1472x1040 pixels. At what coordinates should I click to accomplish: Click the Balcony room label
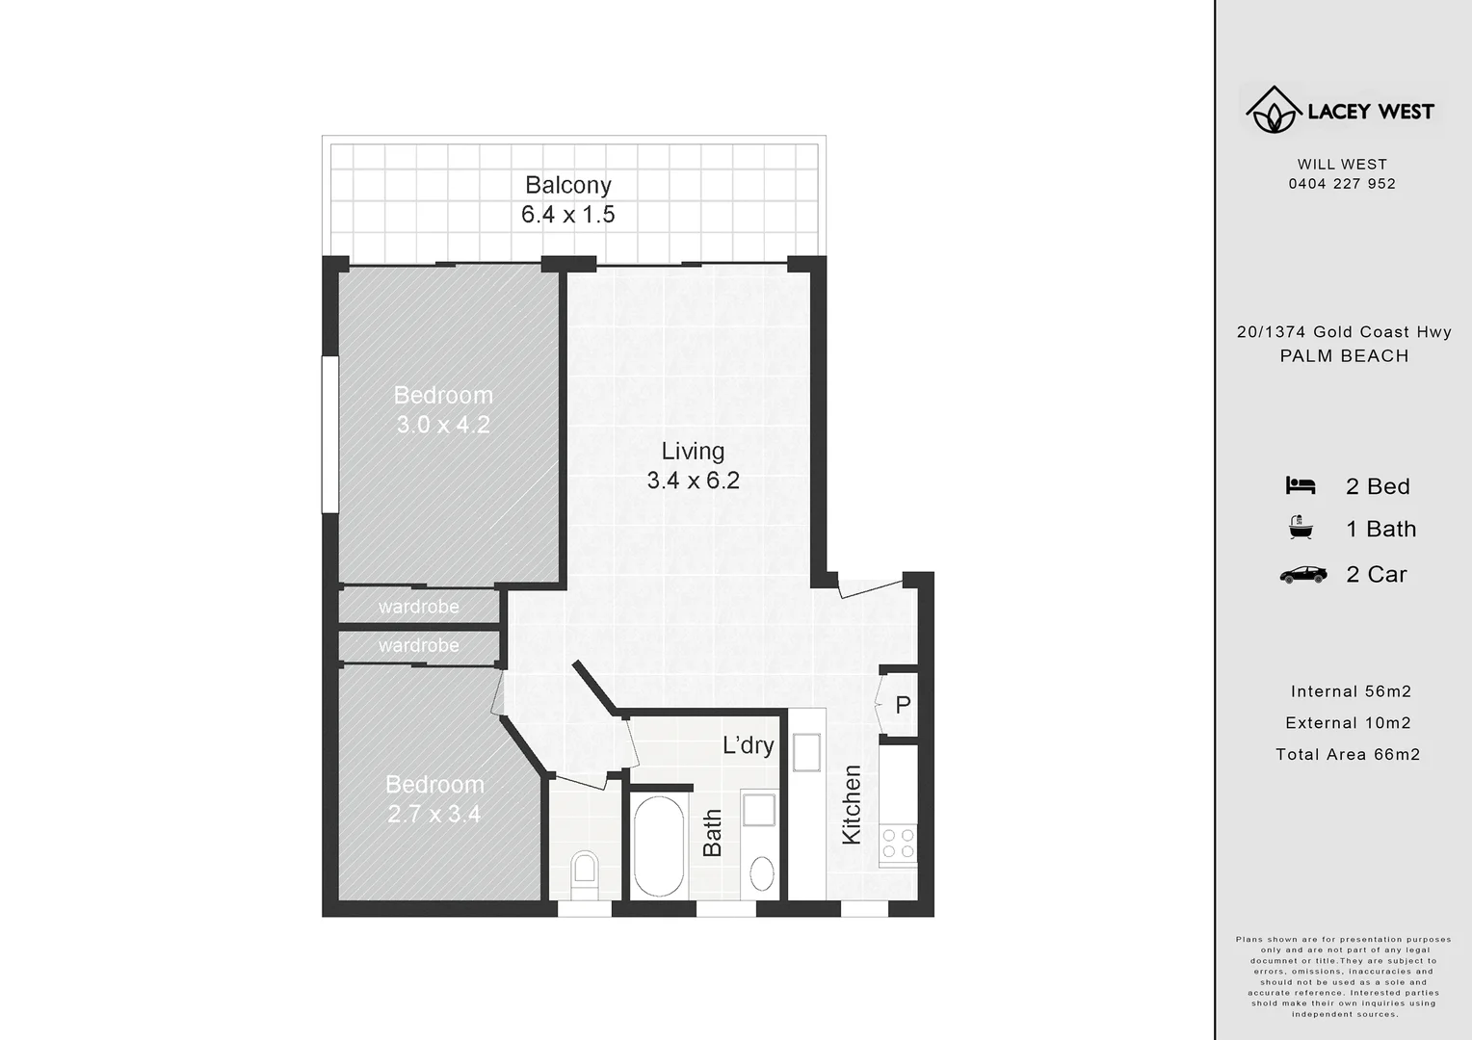[567, 185]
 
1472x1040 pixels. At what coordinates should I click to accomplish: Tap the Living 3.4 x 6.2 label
[693, 465]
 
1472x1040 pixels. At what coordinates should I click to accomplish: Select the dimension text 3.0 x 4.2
[443, 425]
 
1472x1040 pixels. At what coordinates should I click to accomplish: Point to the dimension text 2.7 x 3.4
[434, 815]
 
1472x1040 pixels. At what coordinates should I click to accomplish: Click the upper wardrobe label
[418, 607]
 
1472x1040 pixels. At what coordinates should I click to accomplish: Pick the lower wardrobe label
[418, 645]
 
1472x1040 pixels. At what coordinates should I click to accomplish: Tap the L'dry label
[748, 744]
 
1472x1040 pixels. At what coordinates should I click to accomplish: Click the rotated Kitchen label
[852, 805]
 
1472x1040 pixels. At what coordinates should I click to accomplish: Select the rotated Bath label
[713, 833]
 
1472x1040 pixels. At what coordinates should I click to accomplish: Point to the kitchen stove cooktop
[899, 844]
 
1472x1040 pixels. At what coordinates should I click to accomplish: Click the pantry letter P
[903, 705]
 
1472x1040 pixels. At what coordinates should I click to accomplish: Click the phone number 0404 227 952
[1342, 184]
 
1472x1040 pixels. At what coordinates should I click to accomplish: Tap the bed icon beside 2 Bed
[1300, 486]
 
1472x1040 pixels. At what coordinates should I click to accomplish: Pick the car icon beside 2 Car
[1302, 575]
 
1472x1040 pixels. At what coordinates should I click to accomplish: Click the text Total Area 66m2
[1348, 755]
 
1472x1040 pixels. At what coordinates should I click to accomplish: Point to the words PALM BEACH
[1344, 356]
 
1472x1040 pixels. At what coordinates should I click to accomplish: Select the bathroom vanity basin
[762, 874]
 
